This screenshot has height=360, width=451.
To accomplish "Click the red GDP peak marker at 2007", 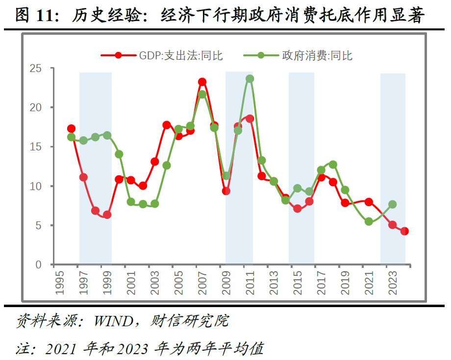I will [202, 82].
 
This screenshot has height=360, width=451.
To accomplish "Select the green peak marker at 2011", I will [250, 78].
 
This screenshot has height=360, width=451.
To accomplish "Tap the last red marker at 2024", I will [404, 231].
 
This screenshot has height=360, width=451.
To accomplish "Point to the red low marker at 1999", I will [107, 215].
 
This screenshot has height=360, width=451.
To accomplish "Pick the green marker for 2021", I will [369, 221].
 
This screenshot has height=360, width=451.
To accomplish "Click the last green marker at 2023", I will [392, 204].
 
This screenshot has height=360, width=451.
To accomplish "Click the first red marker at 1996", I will [71, 128].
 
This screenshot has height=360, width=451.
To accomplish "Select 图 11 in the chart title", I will [36, 16].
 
